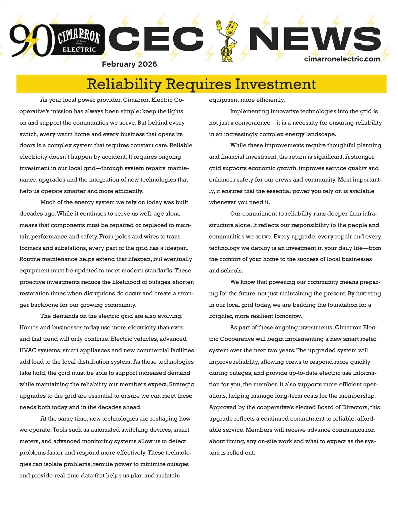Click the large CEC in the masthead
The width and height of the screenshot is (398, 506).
pos(156,39)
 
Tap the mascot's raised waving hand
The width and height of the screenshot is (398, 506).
pos(219,25)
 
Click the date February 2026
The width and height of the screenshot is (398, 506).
pos(129,64)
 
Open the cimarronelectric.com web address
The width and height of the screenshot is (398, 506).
pos(342,59)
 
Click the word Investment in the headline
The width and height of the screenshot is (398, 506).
pos(275,84)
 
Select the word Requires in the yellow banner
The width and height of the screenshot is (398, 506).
pos(198,84)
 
